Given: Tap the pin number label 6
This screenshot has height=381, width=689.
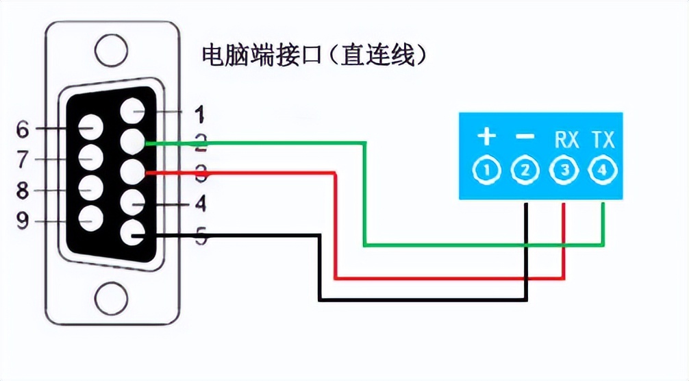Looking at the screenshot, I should click(23, 129).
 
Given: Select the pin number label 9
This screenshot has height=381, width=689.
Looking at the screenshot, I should click(23, 221).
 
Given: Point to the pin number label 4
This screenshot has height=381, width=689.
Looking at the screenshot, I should click(200, 204).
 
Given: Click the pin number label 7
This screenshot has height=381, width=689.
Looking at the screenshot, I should click(23, 160).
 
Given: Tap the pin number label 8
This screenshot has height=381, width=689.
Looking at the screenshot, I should click(23, 190).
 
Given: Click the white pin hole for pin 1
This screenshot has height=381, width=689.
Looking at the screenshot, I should click(131, 112).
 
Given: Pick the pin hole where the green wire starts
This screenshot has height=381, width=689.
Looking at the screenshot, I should click(131, 143).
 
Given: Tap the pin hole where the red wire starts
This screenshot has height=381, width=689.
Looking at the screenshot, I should click(131, 172).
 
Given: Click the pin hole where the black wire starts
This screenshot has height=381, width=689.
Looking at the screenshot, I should click(131, 234).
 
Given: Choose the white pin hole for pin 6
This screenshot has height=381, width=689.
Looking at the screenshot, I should click(90, 127).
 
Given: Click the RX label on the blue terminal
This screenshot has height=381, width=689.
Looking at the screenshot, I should click(566, 140).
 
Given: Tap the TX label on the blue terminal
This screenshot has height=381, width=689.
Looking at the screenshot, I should click(603, 140).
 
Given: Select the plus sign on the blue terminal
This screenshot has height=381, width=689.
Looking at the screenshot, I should click(486, 136).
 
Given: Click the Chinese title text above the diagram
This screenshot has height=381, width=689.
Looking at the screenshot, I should click(315, 55).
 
